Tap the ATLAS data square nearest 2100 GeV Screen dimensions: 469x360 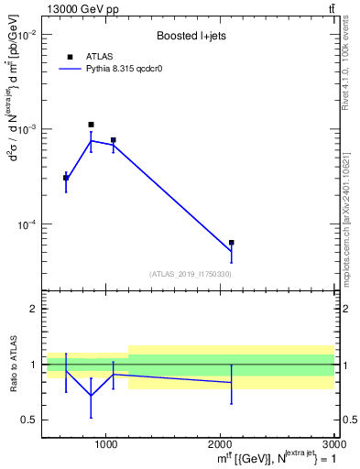coord(232,243)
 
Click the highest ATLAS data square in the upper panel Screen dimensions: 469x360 coord(91,125)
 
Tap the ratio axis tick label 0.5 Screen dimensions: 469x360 coord(28,420)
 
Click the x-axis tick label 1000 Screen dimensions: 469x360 coord(106,444)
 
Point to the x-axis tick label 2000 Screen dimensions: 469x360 coord(221,444)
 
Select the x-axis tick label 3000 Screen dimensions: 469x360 coord(333,444)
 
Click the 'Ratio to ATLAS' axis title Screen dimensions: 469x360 coord(14,364)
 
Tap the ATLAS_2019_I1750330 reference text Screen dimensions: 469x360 coord(191,274)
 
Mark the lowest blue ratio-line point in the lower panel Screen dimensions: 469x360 coord(91,396)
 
